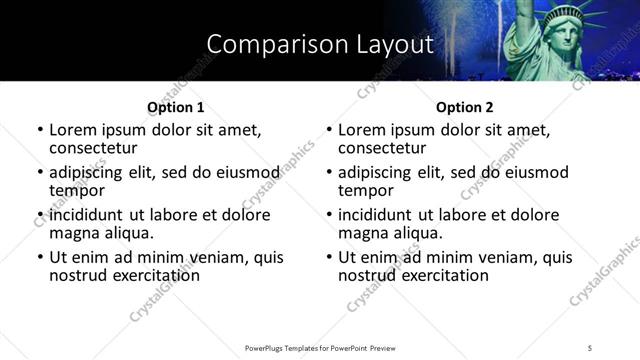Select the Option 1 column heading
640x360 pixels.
(175, 107)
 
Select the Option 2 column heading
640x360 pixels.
(464, 107)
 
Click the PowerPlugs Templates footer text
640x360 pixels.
(320, 347)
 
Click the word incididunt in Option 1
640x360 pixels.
(88, 215)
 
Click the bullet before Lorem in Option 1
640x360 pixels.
(39, 130)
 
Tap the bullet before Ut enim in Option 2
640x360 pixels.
(328, 257)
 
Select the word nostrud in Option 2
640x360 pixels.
(369, 275)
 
